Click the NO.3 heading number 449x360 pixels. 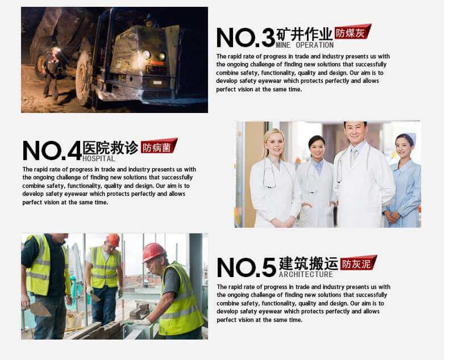pos(246,37)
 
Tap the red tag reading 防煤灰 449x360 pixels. pos(352,32)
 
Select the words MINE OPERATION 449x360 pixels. pos(305,45)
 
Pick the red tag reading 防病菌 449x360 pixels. pos(159,147)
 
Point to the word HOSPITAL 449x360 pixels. pos(99,159)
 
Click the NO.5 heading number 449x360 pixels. pos(246,267)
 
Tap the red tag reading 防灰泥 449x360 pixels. pos(358,263)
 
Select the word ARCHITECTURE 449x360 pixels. pos(306,275)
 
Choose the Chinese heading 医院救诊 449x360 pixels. pos(110,148)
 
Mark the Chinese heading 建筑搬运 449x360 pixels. pos(308,263)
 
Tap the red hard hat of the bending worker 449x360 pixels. pos(153,252)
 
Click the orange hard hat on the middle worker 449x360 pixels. pos(114,240)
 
